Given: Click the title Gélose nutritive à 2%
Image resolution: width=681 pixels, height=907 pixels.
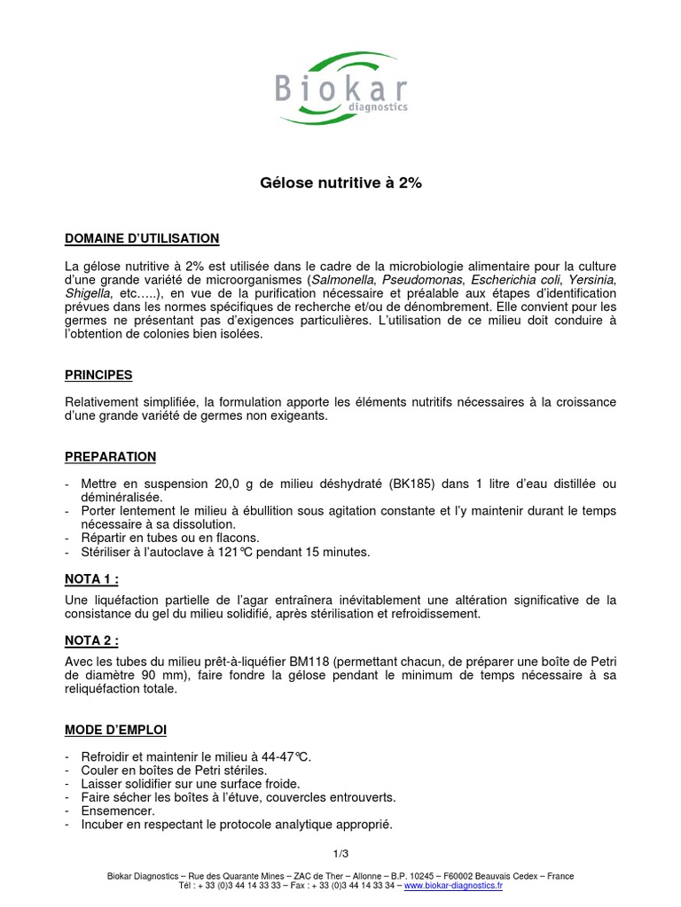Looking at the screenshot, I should click(x=340, y=184).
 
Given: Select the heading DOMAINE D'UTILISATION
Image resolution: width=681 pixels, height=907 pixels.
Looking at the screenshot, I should click(x=142, y=239).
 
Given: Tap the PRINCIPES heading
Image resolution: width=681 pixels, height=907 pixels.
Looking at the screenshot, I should click(x=98, y=375).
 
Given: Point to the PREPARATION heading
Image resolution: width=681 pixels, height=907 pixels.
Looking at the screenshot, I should click(x=110, y=457).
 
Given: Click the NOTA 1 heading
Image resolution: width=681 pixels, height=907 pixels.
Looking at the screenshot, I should click(x=91, y=579).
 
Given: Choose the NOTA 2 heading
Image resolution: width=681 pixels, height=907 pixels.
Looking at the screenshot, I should click(x=91, y=640).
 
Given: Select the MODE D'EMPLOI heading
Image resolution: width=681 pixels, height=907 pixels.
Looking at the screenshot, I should click(x=115, y=730).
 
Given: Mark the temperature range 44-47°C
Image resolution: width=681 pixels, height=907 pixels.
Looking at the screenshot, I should click(x=281, y=757).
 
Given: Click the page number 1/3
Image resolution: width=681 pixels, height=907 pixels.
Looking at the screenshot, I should click(x=340, y=854).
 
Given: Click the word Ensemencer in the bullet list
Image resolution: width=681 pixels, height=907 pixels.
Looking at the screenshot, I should click(x=117, y=811).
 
